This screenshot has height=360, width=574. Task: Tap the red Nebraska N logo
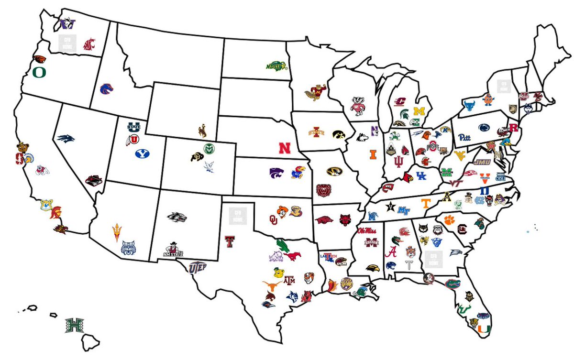(x=285, y=148)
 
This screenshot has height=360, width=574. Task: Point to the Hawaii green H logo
(x=74, y=325)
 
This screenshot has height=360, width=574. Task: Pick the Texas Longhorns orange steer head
(x=273, y=287)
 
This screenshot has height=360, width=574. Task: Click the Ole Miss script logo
(x=367, y=231)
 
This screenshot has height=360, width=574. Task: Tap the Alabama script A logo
(x=393, y=251)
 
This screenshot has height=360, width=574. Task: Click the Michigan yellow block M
(x=419, y=111)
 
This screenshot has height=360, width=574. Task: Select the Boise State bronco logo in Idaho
(x=106, y=89)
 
